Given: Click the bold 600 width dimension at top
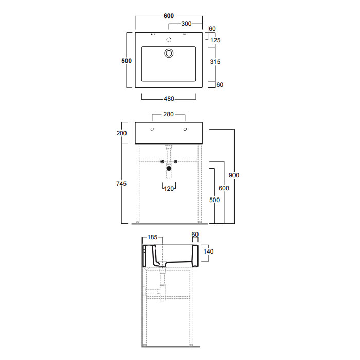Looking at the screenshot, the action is coord(169,16).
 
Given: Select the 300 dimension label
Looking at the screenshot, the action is coord(186,24).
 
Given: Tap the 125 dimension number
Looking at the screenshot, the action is coord(215,40).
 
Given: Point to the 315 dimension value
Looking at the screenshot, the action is coord(215,62).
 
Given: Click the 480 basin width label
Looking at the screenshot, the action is coord(169,99).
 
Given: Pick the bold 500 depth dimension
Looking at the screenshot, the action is coord(127,61).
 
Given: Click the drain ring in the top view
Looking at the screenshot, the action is coord(169,53).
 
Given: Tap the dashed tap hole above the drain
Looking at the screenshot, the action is coord(169,40).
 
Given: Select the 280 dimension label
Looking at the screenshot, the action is coord(168,114).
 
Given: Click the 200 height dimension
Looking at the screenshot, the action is coord(121,133).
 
